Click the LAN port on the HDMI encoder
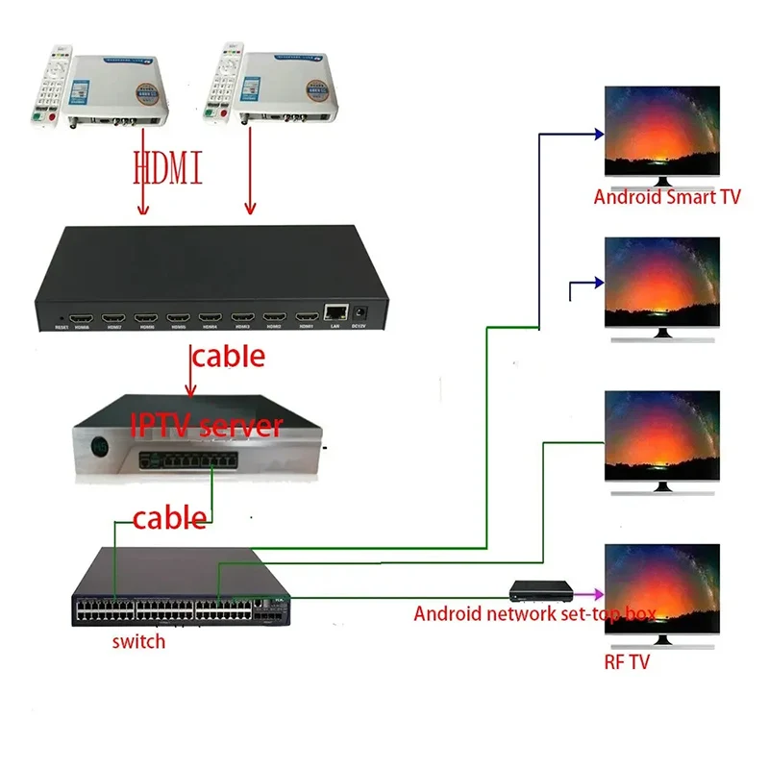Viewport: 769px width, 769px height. [335, 311]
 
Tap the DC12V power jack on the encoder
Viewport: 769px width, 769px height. [362, 311]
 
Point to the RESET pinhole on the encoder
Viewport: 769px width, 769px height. [62, 316]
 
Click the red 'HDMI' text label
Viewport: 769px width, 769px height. [167, 169]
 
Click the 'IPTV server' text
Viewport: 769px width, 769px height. [206, 425]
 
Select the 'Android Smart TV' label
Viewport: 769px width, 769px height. [667, 198]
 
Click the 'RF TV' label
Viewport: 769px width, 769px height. [627, 662]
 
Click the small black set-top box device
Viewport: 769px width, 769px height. [540, 588]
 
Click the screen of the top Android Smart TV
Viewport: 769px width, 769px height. [661, 131]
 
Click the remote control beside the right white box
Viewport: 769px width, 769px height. [227, 83]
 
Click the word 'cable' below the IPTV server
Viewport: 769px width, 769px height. [168, 518]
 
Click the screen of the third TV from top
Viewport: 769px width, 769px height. [661, 435]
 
